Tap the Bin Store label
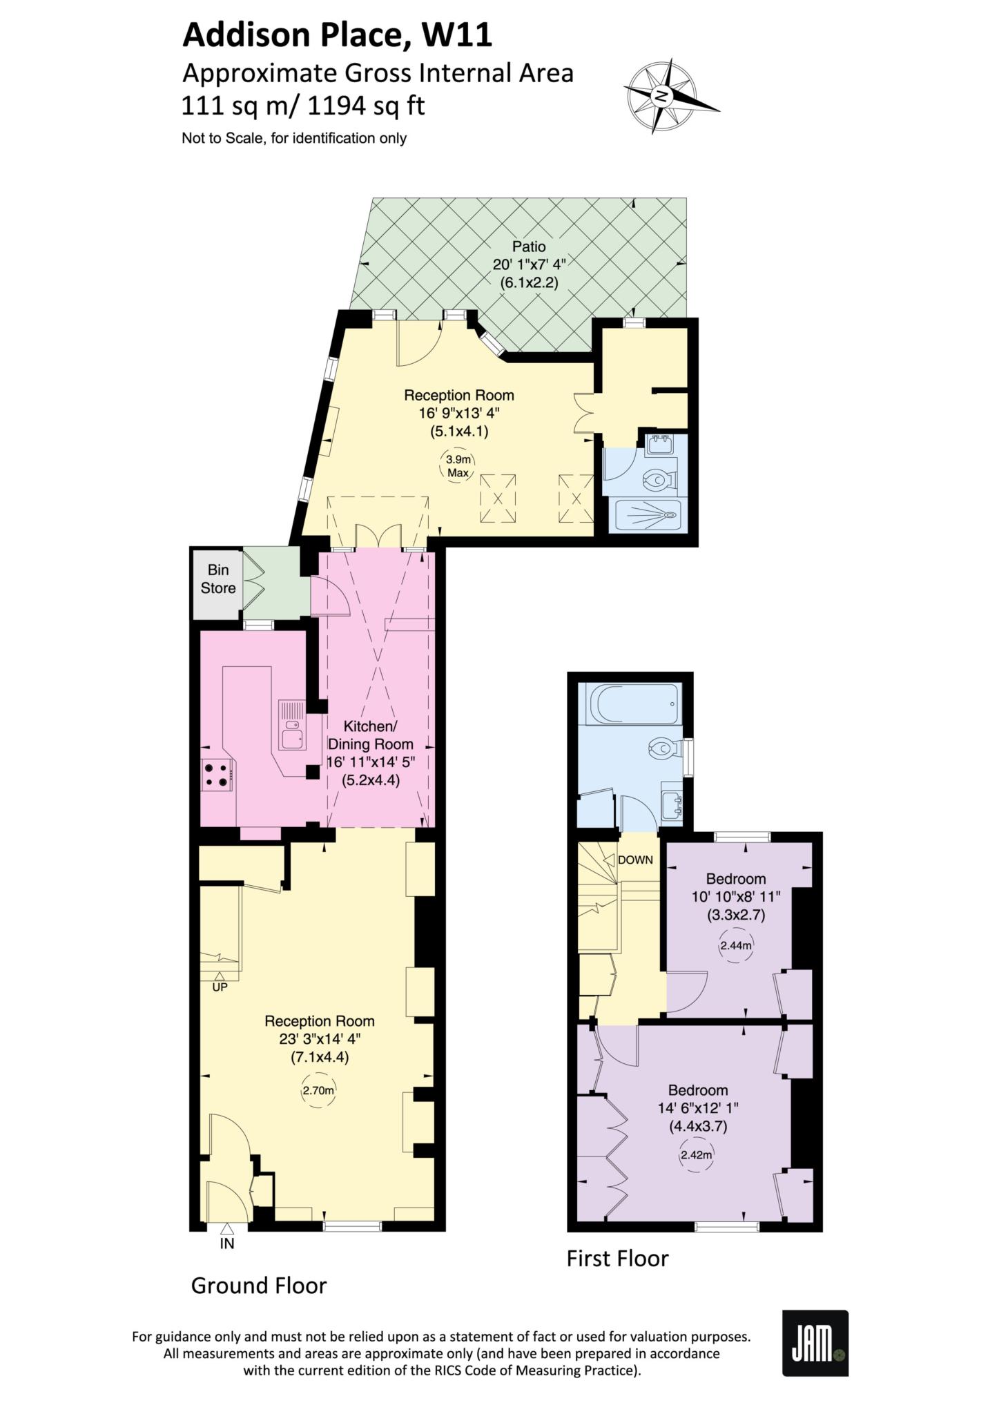click(x=217, y=579)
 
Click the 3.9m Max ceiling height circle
click(x=458, y=466)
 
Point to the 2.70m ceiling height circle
click(x=318, y=1092)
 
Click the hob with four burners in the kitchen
click(x=216, y=774)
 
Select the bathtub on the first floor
click(x=633, y=704)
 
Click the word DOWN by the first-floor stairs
click(x=635, y=860)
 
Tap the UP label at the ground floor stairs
click(x=220, y=987)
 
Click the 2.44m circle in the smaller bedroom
click(x=735, y=946)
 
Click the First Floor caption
click(x=617, y=1258)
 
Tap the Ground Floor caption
click(x=258, y=1286)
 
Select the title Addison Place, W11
click(x=337, y=35)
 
